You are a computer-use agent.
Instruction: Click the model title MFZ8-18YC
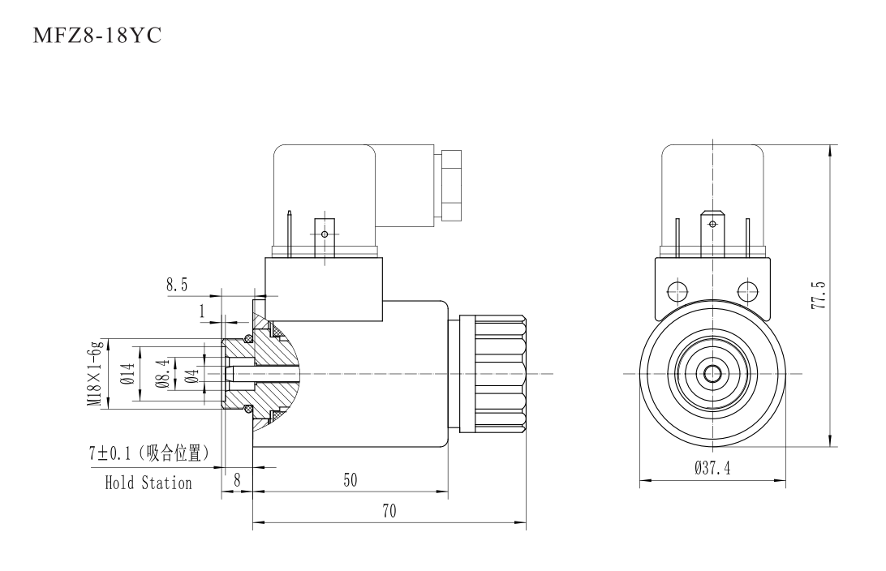[97, 38]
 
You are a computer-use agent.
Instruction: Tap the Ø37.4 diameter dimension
[712, 468]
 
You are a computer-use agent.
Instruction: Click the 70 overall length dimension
[389, 512]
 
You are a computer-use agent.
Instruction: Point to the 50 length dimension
[351, 479]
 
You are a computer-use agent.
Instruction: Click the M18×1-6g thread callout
[95, 373]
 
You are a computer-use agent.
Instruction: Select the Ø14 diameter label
[127, 373]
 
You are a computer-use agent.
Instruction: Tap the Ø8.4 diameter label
[163, 373]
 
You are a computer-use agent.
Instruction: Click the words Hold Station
[148, 483]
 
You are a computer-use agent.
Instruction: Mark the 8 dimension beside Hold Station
[237, 479]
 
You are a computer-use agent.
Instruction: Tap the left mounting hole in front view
[676, 290]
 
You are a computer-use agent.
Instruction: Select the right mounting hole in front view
[747, 290]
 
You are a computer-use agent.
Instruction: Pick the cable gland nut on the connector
[450, 185]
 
